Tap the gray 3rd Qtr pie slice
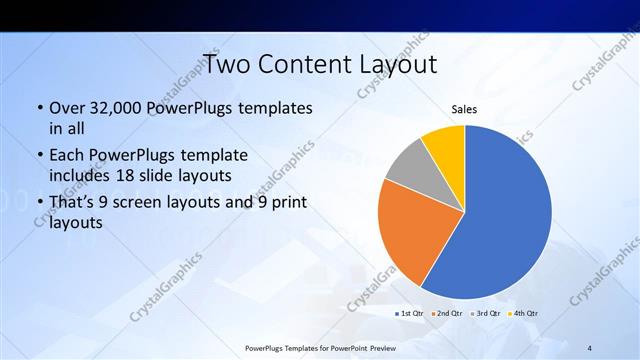coord(409,168)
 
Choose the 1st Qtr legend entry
coord(409,313)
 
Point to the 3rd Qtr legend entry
coord(486,313)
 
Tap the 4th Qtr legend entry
coord(524,313)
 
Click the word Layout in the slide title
coord(390,64)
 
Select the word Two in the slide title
coord(226,64)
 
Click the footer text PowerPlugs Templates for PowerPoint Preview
coord(321,347)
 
